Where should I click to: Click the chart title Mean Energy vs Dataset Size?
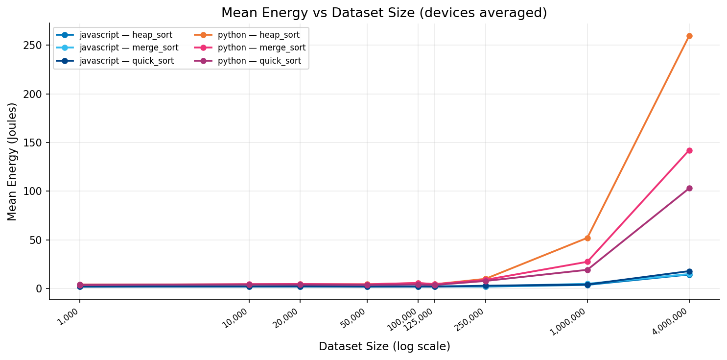[x=384, y=13]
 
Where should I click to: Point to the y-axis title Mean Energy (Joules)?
[x=12, y=162]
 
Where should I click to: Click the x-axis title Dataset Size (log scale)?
[x=384, y=347]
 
